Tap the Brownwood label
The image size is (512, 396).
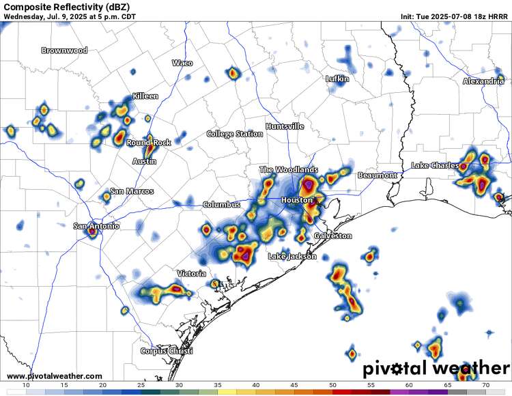pyautogui.click(x=65, y=51)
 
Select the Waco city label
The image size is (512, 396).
pyautogui.click(x=182, y=63)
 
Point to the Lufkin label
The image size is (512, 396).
pyautogui.click(x=337, y=79)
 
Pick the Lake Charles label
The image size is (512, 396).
pyautogui.click(x=435, y=166)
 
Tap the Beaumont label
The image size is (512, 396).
pyautogui.click(x=378, y=175)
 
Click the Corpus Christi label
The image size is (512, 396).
pyautogui.click(x=167, y=351)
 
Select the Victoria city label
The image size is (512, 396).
pyautogui.click(x=191, y=274)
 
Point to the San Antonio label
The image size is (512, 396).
pyautogui.click(x=97, y=226)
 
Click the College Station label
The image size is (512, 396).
pyautogui.click(x=234, y=134)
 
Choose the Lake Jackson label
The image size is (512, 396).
pyautogui.click(x=292, y=257)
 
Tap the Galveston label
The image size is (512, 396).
pyautogui.click(x=333, y=236)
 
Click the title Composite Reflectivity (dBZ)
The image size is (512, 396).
pyautogui.click(x=66, y=6)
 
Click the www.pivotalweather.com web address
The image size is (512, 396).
pyautogui.click(x=55, y=376)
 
